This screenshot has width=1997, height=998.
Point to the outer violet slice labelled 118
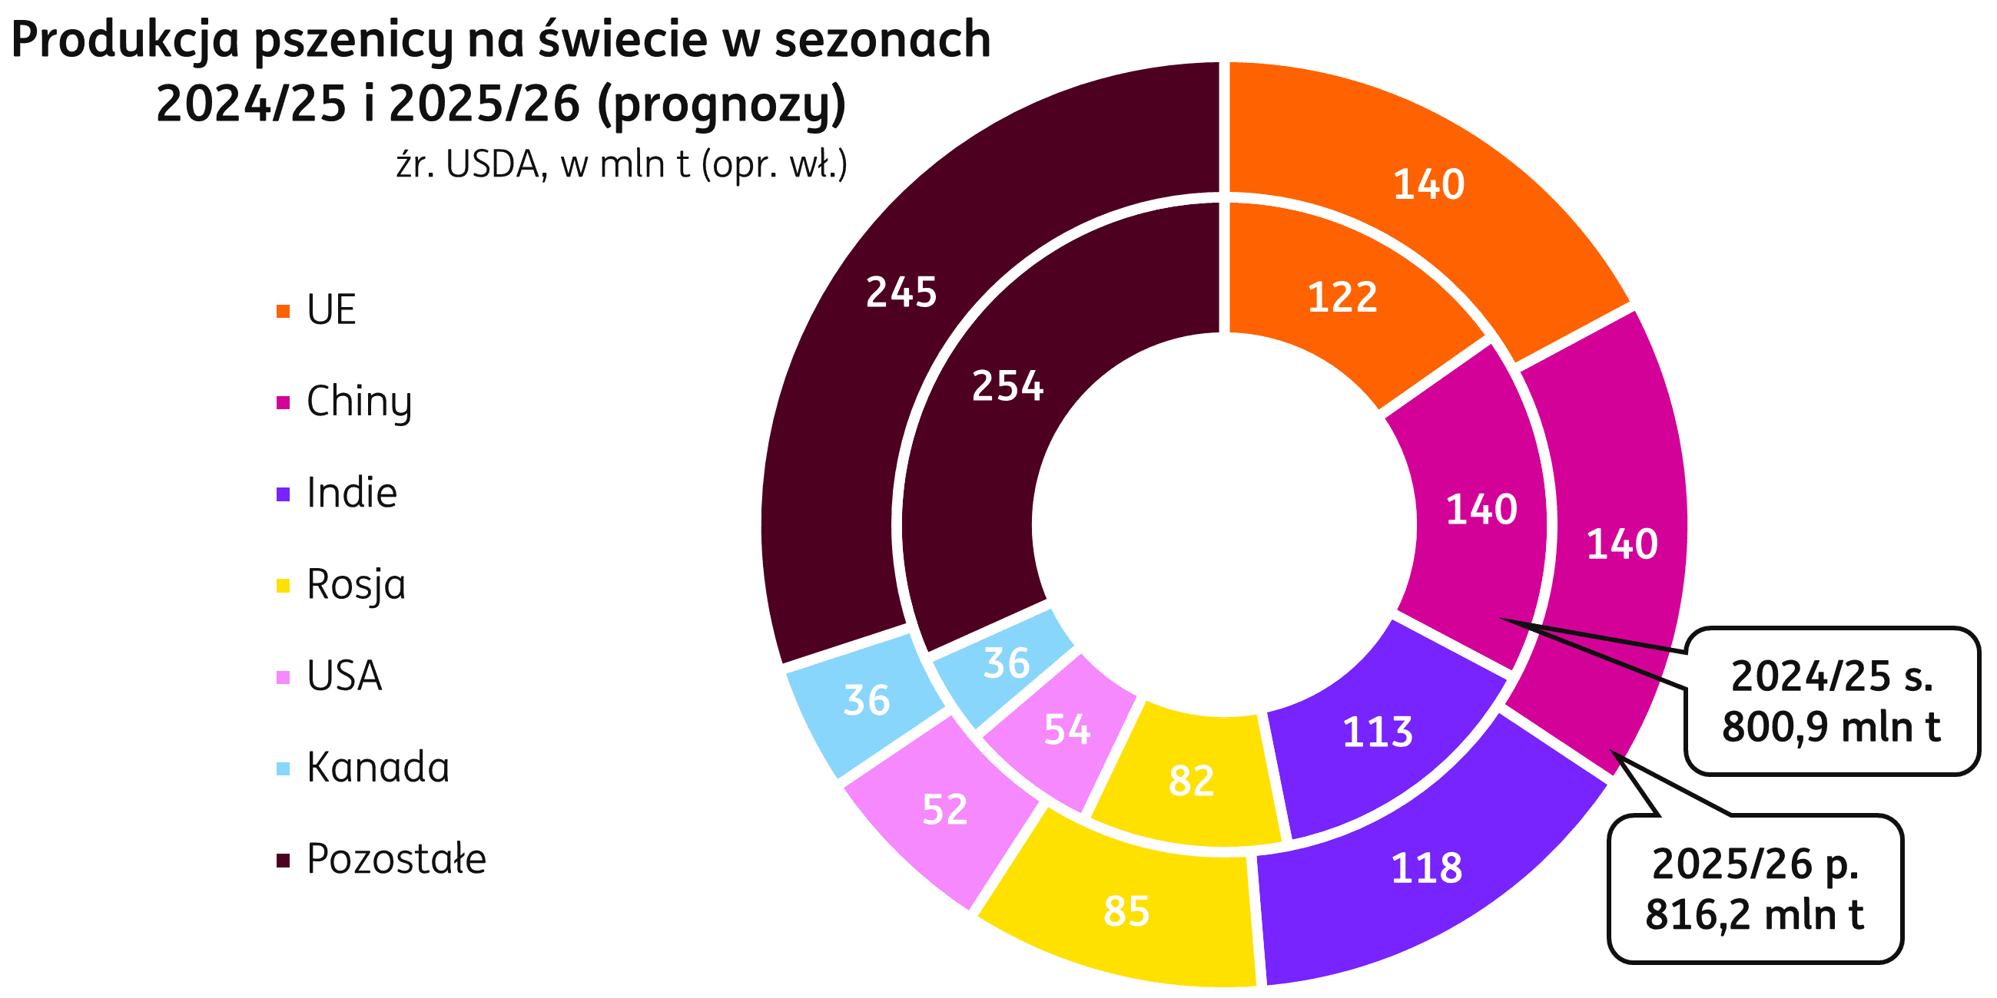1426,876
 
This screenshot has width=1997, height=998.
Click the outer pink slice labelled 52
944,810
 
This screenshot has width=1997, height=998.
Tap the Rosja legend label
356,585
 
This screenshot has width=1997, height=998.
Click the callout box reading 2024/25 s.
1831,701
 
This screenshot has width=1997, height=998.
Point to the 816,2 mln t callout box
1755,890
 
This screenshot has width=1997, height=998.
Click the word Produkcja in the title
125,40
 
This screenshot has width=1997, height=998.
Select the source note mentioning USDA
621,165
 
